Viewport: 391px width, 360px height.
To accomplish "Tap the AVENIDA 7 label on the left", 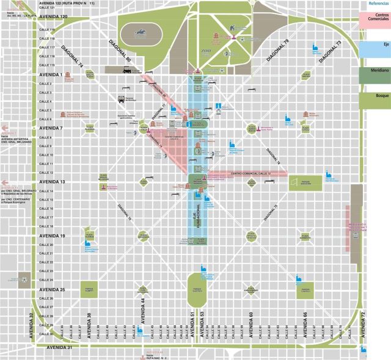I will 51,128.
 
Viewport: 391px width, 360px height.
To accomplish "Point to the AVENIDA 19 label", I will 53,236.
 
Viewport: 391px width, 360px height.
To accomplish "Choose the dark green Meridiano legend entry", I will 374,76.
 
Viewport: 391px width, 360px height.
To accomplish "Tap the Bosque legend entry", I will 374,97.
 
